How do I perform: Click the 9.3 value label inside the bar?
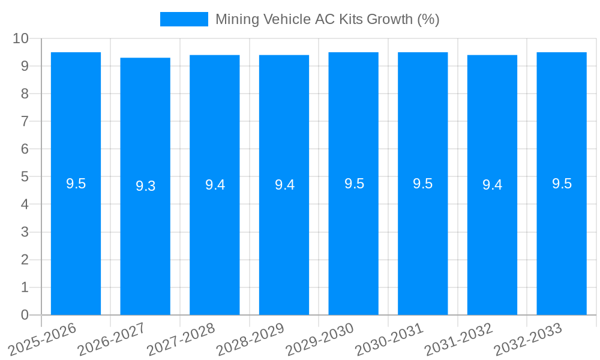145,186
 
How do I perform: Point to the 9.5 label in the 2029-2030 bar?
354,184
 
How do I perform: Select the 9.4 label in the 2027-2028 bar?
215,185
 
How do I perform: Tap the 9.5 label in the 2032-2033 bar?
562,184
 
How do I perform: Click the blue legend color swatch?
184,19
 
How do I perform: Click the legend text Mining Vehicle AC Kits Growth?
327,19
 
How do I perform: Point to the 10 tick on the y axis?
21,38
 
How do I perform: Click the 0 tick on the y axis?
25,315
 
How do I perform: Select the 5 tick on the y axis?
25,177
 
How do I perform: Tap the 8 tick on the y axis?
25,94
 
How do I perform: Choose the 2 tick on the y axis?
25,260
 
